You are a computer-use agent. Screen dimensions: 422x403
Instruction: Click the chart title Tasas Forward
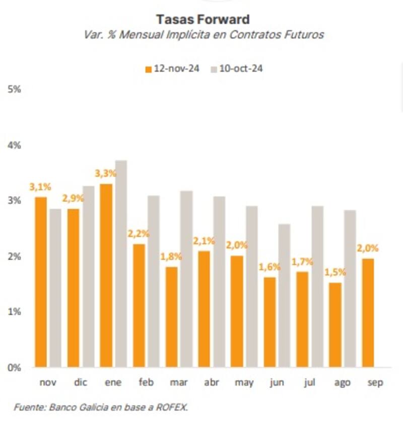coord(203,20)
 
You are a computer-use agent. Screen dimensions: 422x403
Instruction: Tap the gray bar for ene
coord(120,264)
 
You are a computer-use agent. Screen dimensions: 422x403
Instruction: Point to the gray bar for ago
coord(350,289)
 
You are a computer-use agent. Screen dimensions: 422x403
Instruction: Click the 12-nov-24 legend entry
coord(172,69)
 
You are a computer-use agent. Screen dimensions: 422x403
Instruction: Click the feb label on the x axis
coord(146,383)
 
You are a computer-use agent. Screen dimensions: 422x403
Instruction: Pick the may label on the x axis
coord(244,383)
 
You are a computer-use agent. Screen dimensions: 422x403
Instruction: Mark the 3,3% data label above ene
coord(106,174)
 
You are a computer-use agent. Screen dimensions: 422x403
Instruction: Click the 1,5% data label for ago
coord(335,272)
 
